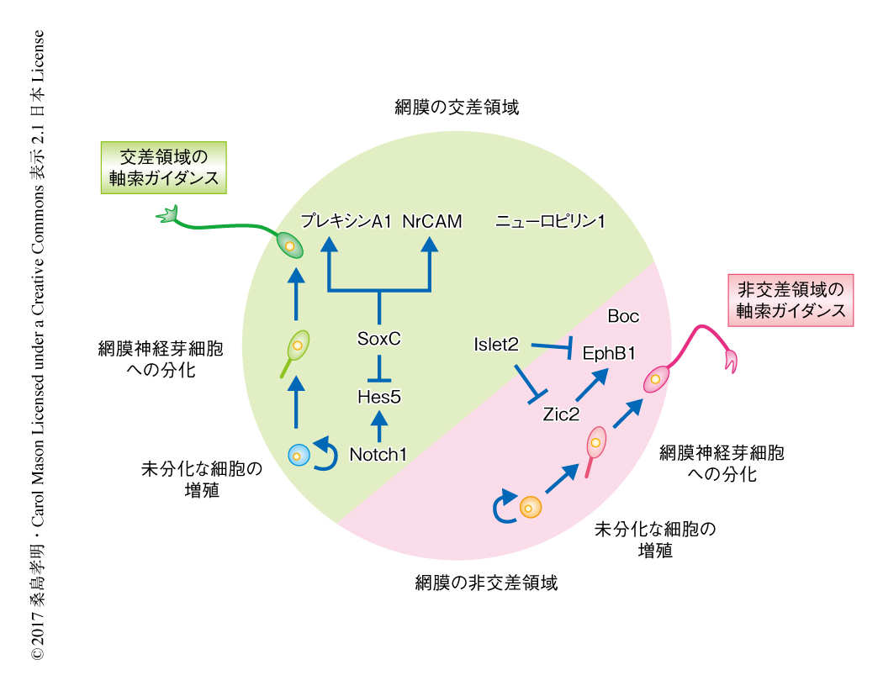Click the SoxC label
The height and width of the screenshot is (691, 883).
click(x=379, y=340)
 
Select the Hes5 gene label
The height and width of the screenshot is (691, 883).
click(x=379, y=394)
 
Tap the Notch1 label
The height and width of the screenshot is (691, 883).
click(x=378, y=455)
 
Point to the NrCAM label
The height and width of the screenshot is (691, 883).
click(x=431, y=222)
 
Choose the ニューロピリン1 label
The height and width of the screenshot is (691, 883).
click(x=551, y=222)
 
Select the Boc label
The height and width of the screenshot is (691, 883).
click(x=623, y=317)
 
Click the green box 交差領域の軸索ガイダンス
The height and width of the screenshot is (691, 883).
click(x=164, y=166)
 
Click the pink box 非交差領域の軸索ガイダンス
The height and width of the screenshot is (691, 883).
click(x=790, y=299)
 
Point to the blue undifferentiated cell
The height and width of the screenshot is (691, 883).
click(x=298, y=455)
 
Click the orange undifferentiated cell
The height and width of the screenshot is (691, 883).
click(x=530, y=507)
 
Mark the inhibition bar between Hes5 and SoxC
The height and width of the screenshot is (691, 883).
click(x=379, y=367)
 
